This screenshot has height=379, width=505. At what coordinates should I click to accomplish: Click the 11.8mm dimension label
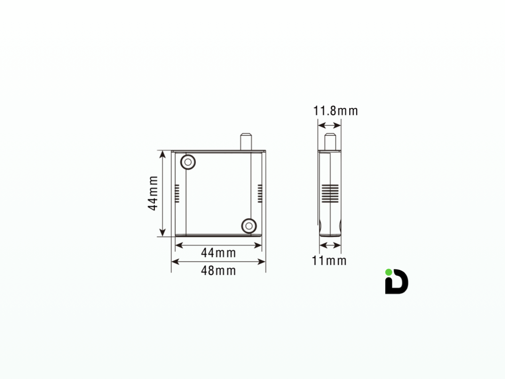click(336, 111)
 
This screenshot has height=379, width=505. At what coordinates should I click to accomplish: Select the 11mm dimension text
click(329, 261)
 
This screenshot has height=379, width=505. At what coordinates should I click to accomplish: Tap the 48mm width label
click(218, 270)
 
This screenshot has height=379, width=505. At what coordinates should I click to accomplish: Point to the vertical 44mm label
click(154, 193)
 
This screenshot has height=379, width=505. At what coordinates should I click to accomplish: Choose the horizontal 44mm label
click(218, 253)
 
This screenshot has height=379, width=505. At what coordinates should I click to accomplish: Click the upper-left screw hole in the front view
click(187, 161)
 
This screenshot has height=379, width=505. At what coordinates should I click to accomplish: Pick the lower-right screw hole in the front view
click(249, 226)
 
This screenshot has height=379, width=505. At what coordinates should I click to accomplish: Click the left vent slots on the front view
click(178, 193)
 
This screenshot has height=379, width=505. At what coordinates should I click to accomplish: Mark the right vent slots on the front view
click(259, 193)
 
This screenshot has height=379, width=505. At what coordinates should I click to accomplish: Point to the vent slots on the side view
click(330, 193)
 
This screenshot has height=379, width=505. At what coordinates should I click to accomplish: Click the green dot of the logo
click(389, 272)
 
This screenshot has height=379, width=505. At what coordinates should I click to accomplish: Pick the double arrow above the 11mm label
click(330, 245)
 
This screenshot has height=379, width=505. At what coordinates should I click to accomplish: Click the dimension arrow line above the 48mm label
click(218, 262)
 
